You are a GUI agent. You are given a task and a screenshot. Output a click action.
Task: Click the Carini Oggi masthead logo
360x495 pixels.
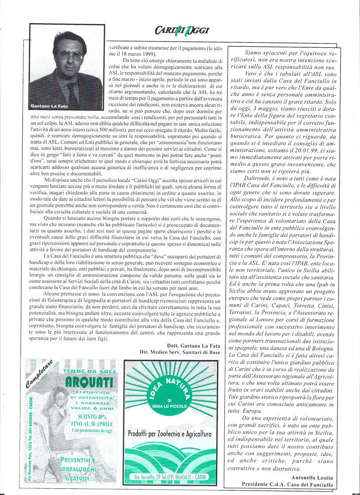click(182, 30)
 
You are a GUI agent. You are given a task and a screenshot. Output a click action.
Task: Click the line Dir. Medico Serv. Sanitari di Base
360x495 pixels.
click(195, 352)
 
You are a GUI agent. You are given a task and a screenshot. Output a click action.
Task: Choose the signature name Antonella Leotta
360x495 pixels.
click(312, 477)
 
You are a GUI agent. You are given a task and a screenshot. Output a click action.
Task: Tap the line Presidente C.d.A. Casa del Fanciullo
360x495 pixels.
click(290, 484)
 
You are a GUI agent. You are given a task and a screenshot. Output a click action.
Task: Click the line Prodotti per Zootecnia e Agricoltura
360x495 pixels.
click(169, 434)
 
